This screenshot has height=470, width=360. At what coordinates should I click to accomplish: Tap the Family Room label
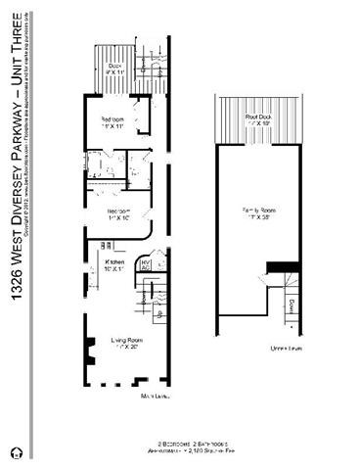click(x=259, y=211)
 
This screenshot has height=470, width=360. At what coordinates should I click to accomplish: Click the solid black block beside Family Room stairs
click(x=281, y=267)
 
